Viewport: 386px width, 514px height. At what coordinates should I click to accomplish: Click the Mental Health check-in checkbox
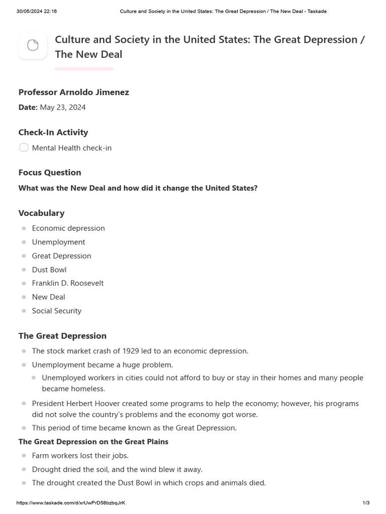(x=24, y=148)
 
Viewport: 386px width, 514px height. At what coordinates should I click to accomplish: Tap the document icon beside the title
(x=33, y=46)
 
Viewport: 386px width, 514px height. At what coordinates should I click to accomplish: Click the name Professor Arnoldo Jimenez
(x=73, y=92)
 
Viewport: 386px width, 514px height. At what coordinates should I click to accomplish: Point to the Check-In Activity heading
(x=53, y=133)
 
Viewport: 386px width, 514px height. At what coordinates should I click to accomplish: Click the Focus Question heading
(x=50, y=173)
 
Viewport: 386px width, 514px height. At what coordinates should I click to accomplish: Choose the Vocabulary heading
(x=41, y=213)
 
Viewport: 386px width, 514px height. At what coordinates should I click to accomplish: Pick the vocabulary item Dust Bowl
(x=49, y=270)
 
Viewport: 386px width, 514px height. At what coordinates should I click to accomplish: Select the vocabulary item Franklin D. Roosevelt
(x=68, y=283)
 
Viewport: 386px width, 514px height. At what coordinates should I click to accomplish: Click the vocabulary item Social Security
(x=57, y=311)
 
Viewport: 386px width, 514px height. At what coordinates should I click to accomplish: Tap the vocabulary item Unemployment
(x=58, y=242)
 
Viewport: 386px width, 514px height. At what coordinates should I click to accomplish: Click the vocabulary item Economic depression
(x=68, y=228)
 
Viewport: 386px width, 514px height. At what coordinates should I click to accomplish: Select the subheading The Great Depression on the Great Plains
(x=93, y=442)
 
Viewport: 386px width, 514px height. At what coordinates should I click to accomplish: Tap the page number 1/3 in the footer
(x=366, y=503)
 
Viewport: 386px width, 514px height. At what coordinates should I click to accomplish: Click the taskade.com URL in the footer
(x=71, y=503)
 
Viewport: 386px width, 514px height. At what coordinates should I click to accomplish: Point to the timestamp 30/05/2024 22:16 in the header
(x=37, y=11)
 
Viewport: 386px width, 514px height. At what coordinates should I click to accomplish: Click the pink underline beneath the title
(x=84, y=69)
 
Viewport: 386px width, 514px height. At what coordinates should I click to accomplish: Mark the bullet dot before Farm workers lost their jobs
(x=24, y=456)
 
